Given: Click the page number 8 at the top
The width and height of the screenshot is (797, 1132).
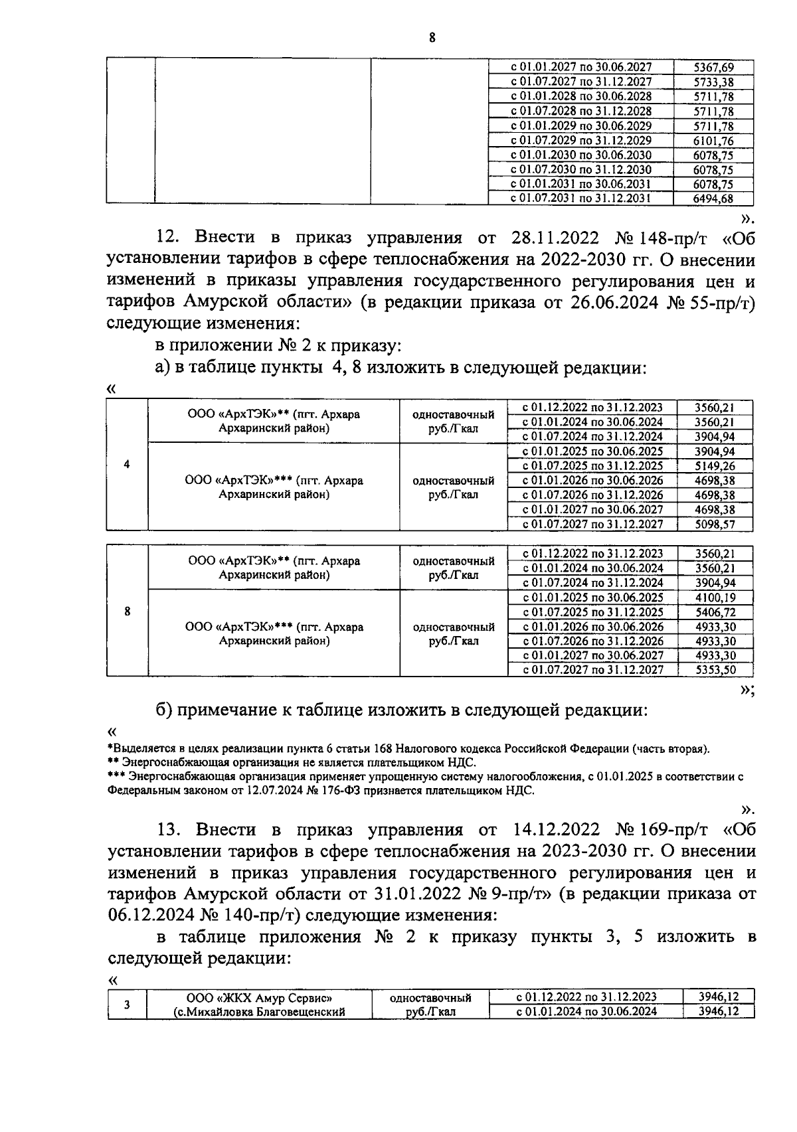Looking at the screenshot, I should pyautogui.click(x=432, y=38).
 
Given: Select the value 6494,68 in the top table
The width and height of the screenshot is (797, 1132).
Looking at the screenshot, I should pyautogui.click(x=713, y=198).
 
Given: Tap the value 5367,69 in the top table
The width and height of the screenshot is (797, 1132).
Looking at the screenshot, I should pyautogui.click(x=713, y=67).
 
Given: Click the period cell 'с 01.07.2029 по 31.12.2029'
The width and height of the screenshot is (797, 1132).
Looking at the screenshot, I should pyautogui.click(x=581, y=140).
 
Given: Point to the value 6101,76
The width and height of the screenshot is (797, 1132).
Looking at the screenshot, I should pyautogui.click(x=713, y=140).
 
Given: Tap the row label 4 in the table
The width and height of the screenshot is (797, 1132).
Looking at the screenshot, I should pyautogui.click(x=127, y=465).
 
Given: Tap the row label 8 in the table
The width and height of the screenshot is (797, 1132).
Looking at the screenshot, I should pyautogui.click(x=127, y=611).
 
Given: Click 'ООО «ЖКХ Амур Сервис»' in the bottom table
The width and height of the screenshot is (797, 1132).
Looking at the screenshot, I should pyautogui.click(x=259, y=997).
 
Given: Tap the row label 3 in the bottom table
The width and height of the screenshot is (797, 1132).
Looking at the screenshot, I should pyautogui.click(x=127, y=1005).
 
